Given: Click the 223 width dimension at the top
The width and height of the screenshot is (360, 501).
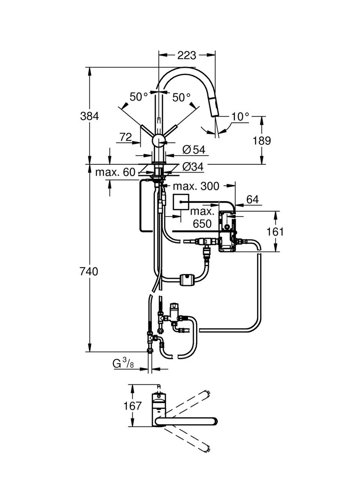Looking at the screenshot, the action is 187,56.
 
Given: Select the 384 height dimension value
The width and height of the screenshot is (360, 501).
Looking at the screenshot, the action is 90,116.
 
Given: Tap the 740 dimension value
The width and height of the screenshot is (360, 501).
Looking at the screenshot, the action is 89,272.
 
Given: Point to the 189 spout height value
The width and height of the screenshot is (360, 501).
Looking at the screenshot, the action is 261,141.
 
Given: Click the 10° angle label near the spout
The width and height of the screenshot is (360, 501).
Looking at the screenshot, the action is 240,117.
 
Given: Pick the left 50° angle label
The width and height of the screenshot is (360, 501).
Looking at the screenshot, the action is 139,97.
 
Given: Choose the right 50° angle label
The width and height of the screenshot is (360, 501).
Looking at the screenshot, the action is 181,97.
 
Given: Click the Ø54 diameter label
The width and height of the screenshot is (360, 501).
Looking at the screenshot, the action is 194,150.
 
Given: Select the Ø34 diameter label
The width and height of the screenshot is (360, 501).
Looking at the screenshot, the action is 193,167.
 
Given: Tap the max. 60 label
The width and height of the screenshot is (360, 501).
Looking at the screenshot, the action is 115,172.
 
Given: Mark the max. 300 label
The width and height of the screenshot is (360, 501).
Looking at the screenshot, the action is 196,186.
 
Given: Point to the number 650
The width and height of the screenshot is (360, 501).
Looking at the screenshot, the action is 202,223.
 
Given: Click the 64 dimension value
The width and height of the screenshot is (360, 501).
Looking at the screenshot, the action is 253,199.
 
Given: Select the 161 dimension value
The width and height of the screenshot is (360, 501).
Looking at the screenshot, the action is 275,232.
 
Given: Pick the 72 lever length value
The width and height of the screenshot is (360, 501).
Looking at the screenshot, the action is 126,137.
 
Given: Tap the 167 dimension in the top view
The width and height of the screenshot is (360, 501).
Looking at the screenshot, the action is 133,406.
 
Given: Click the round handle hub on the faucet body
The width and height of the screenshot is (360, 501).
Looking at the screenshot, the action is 158,141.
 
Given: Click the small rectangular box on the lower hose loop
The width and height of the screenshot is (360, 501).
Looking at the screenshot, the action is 187,279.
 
